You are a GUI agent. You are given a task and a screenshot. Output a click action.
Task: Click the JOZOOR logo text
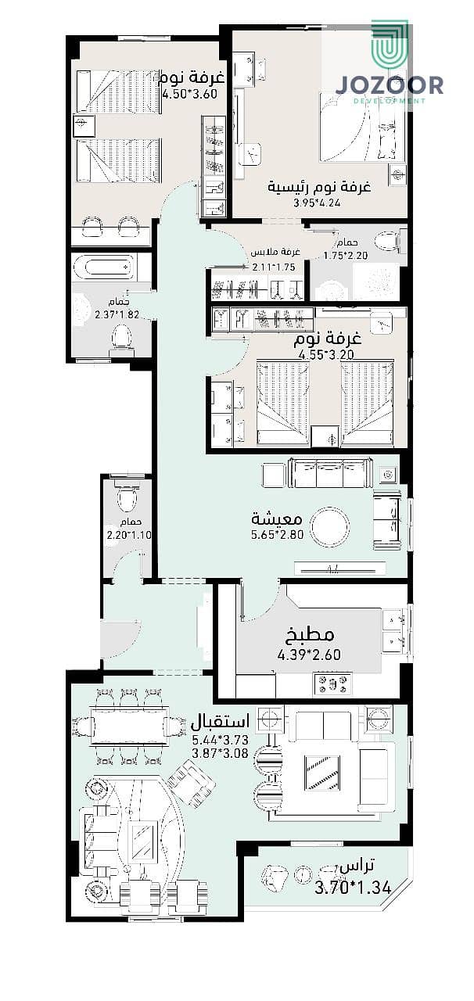[390, 85]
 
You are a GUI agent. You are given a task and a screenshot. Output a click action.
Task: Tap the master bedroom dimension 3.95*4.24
[317, 203]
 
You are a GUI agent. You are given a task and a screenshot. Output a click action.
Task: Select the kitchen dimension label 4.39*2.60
[309, 655]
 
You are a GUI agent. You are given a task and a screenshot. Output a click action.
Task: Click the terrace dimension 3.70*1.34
[354, 887]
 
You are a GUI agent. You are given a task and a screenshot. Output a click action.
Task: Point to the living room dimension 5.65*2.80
[277, 534]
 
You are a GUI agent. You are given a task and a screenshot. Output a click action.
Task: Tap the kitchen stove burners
[332, 683]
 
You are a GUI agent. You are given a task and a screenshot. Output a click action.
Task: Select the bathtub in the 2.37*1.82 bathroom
[109, 267]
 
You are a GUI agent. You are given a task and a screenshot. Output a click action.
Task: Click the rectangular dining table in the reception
[130, 725]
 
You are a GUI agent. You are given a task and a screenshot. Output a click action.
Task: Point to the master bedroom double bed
[362, 130]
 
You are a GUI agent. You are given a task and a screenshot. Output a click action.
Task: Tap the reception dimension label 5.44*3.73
[220, 740]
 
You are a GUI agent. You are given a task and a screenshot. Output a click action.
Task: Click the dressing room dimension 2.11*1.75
[274, 267]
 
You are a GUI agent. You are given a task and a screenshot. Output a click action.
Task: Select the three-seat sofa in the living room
[332, 473]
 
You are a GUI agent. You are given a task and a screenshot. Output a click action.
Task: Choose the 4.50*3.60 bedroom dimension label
[189, 95]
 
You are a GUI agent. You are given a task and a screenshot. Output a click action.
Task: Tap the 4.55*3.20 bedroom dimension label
[326, 355]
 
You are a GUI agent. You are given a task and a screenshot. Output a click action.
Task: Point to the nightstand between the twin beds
[325, 436]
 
